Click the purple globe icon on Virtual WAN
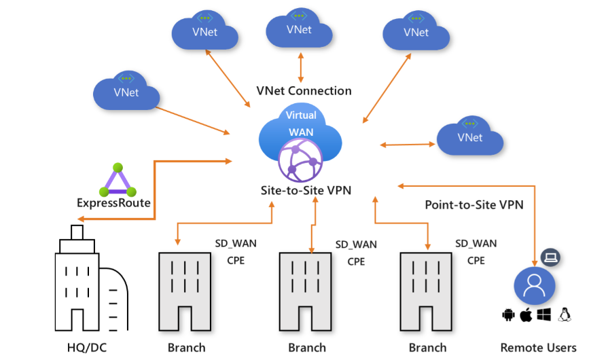click(x=298, y=160)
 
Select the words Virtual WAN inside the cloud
click(x=301, y=122)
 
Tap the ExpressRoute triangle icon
click(x=118, y=181)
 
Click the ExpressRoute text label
click(x=114, y=202)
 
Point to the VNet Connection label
click(x=304, y=91)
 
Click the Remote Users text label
click(x=538, y=348)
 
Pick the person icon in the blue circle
click(x=534, y=285)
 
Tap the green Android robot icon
click(x=508, y=314)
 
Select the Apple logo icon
click(x=525, y=314)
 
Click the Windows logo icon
click(x=543, y=314)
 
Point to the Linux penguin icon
click(x=563, y=314)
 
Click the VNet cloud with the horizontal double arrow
click(x=470, y=137)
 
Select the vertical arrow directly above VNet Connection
click(x=301, y=69)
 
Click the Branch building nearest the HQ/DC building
click(x=186, y=292)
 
